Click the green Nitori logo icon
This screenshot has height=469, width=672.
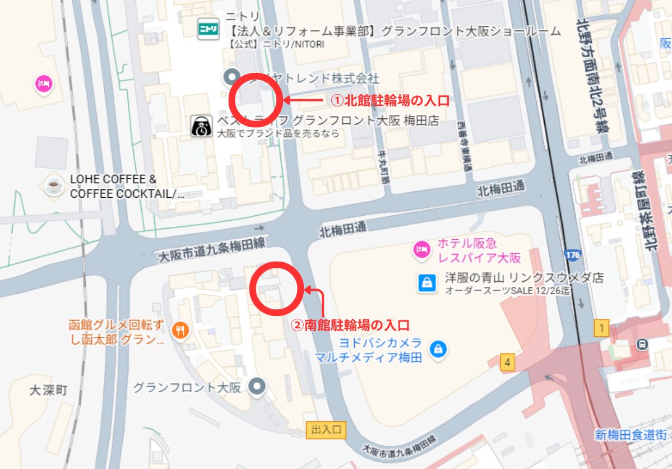208,29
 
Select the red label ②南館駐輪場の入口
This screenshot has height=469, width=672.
350,324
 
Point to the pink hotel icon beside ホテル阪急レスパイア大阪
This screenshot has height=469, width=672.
421,250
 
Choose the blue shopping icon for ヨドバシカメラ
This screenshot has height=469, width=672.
437,349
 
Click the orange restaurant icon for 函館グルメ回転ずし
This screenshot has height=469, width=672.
180,331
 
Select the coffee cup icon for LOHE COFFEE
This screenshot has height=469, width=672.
54,185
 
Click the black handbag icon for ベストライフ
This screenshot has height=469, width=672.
201,126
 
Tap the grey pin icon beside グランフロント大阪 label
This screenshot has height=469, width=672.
257,386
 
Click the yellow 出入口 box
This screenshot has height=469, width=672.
326,430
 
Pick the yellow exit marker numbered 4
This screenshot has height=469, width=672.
507,363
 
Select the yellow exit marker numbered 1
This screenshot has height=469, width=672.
601,328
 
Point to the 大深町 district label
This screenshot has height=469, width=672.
48,390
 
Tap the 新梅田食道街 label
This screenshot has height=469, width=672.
632,435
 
